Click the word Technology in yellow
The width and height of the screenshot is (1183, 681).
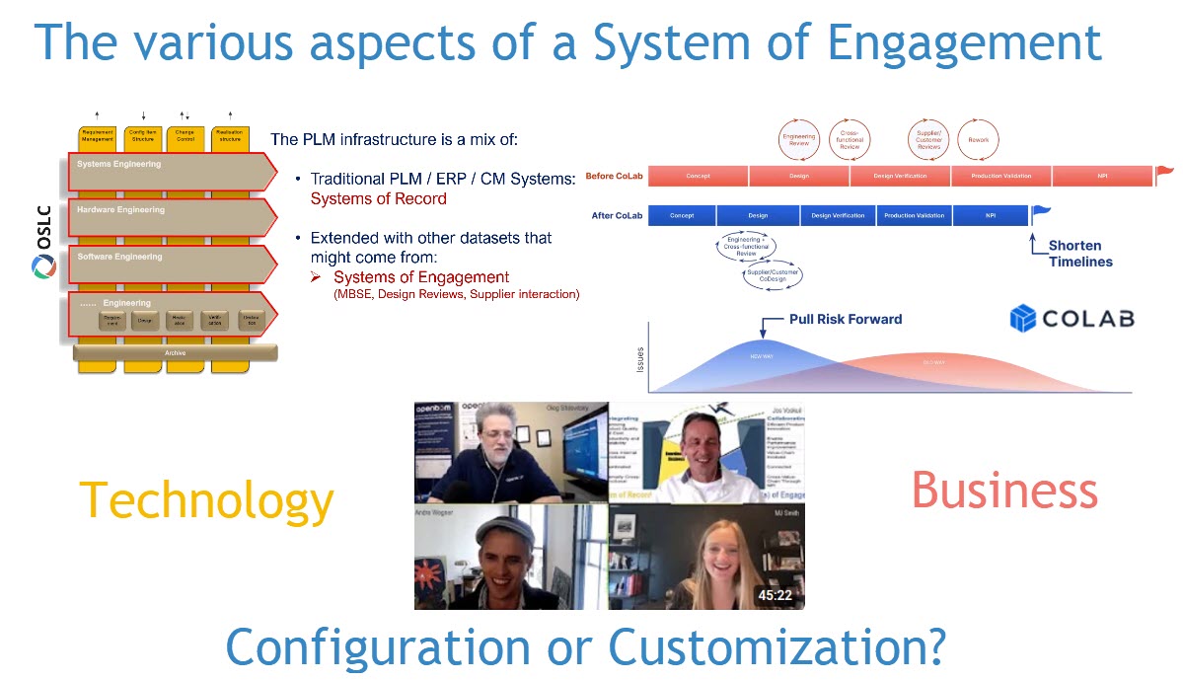click(206, 500)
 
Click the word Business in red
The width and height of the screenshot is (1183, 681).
click(1003, 491)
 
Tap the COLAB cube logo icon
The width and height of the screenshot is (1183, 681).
click(1023, 318)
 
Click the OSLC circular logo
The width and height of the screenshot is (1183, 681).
click(43, 267)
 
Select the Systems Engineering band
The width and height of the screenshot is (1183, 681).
click(168, 172)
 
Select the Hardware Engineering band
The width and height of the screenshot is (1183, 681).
click(168, 218)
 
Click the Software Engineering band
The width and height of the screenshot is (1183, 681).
click(168, 265)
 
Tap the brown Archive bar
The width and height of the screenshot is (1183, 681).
click(175, 352)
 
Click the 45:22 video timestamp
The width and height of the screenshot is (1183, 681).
click(775, 595)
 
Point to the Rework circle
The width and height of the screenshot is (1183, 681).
click(978, 140)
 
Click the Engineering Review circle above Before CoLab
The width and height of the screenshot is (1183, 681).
click(799, 140)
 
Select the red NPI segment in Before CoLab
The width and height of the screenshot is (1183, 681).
click(1101, 176)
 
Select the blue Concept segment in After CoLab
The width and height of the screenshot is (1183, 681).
click(682, 215)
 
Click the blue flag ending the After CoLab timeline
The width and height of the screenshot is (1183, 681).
click(1040, 210)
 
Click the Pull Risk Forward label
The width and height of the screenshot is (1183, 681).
click(846, 319)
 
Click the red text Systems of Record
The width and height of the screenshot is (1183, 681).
click(378, 198)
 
